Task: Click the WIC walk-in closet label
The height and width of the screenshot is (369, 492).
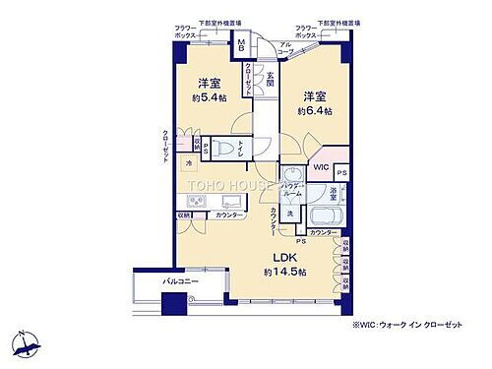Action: point(321,168)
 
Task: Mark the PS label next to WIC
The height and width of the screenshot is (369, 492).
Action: point(340,172)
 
